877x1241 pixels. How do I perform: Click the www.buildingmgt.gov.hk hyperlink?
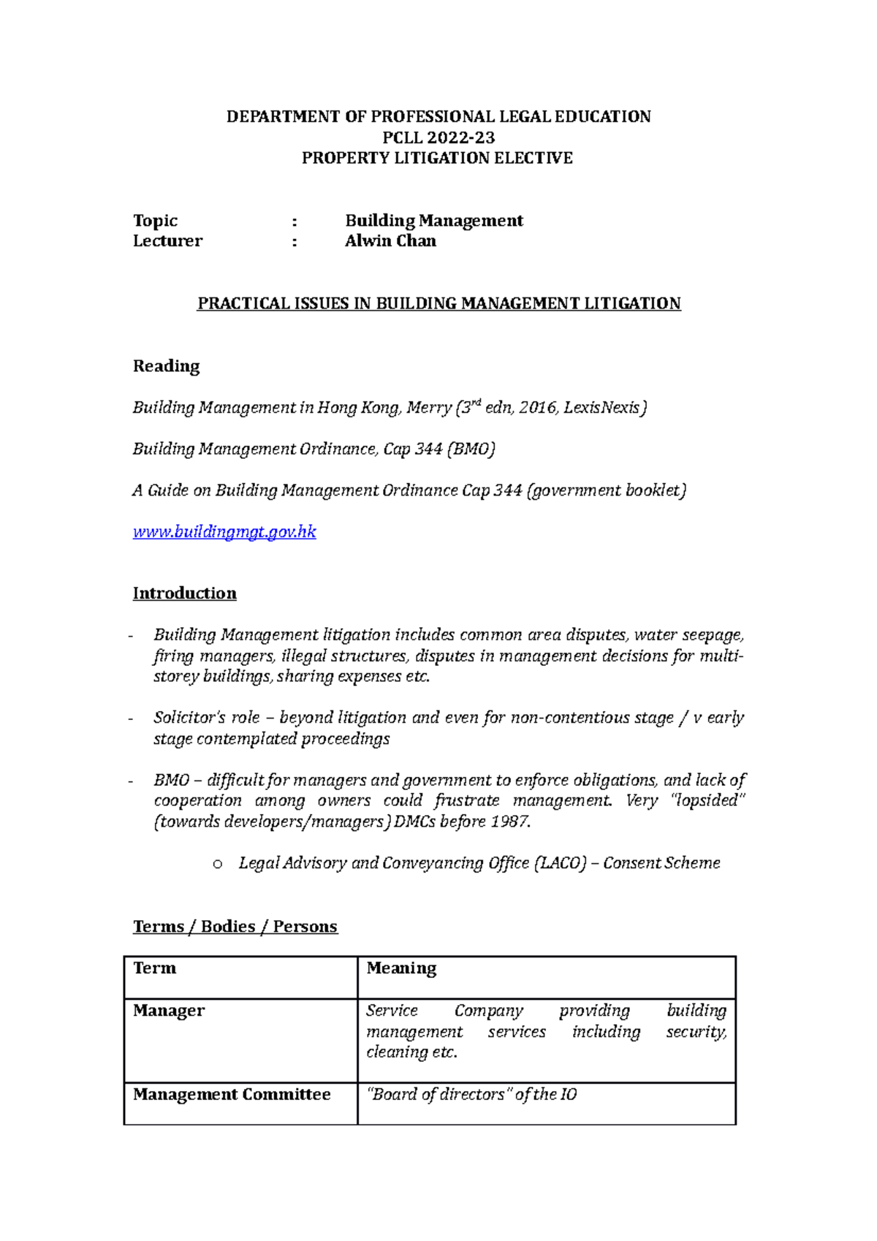[224, 532]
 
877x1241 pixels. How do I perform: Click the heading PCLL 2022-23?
[438, 137]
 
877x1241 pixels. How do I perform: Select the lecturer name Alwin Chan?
[390, 241]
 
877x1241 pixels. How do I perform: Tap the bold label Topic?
[155, 221]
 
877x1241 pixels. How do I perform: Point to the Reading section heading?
[166, 366]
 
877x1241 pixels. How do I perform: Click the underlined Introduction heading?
[184, 593]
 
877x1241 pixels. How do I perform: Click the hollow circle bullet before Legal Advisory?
[217, 865]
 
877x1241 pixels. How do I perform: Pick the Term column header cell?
[155, 968]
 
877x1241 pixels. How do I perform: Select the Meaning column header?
[401, 968]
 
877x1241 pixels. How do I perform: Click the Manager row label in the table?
[169, 1011]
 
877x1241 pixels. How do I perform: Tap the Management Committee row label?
[232, 1095]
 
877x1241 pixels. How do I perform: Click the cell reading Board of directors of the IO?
[471, 1095]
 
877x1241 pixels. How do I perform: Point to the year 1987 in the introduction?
[509, 821]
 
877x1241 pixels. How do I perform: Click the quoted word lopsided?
[707, 801]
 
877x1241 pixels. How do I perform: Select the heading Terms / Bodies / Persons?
[235, 927]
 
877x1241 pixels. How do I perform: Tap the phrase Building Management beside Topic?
[434, 221]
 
